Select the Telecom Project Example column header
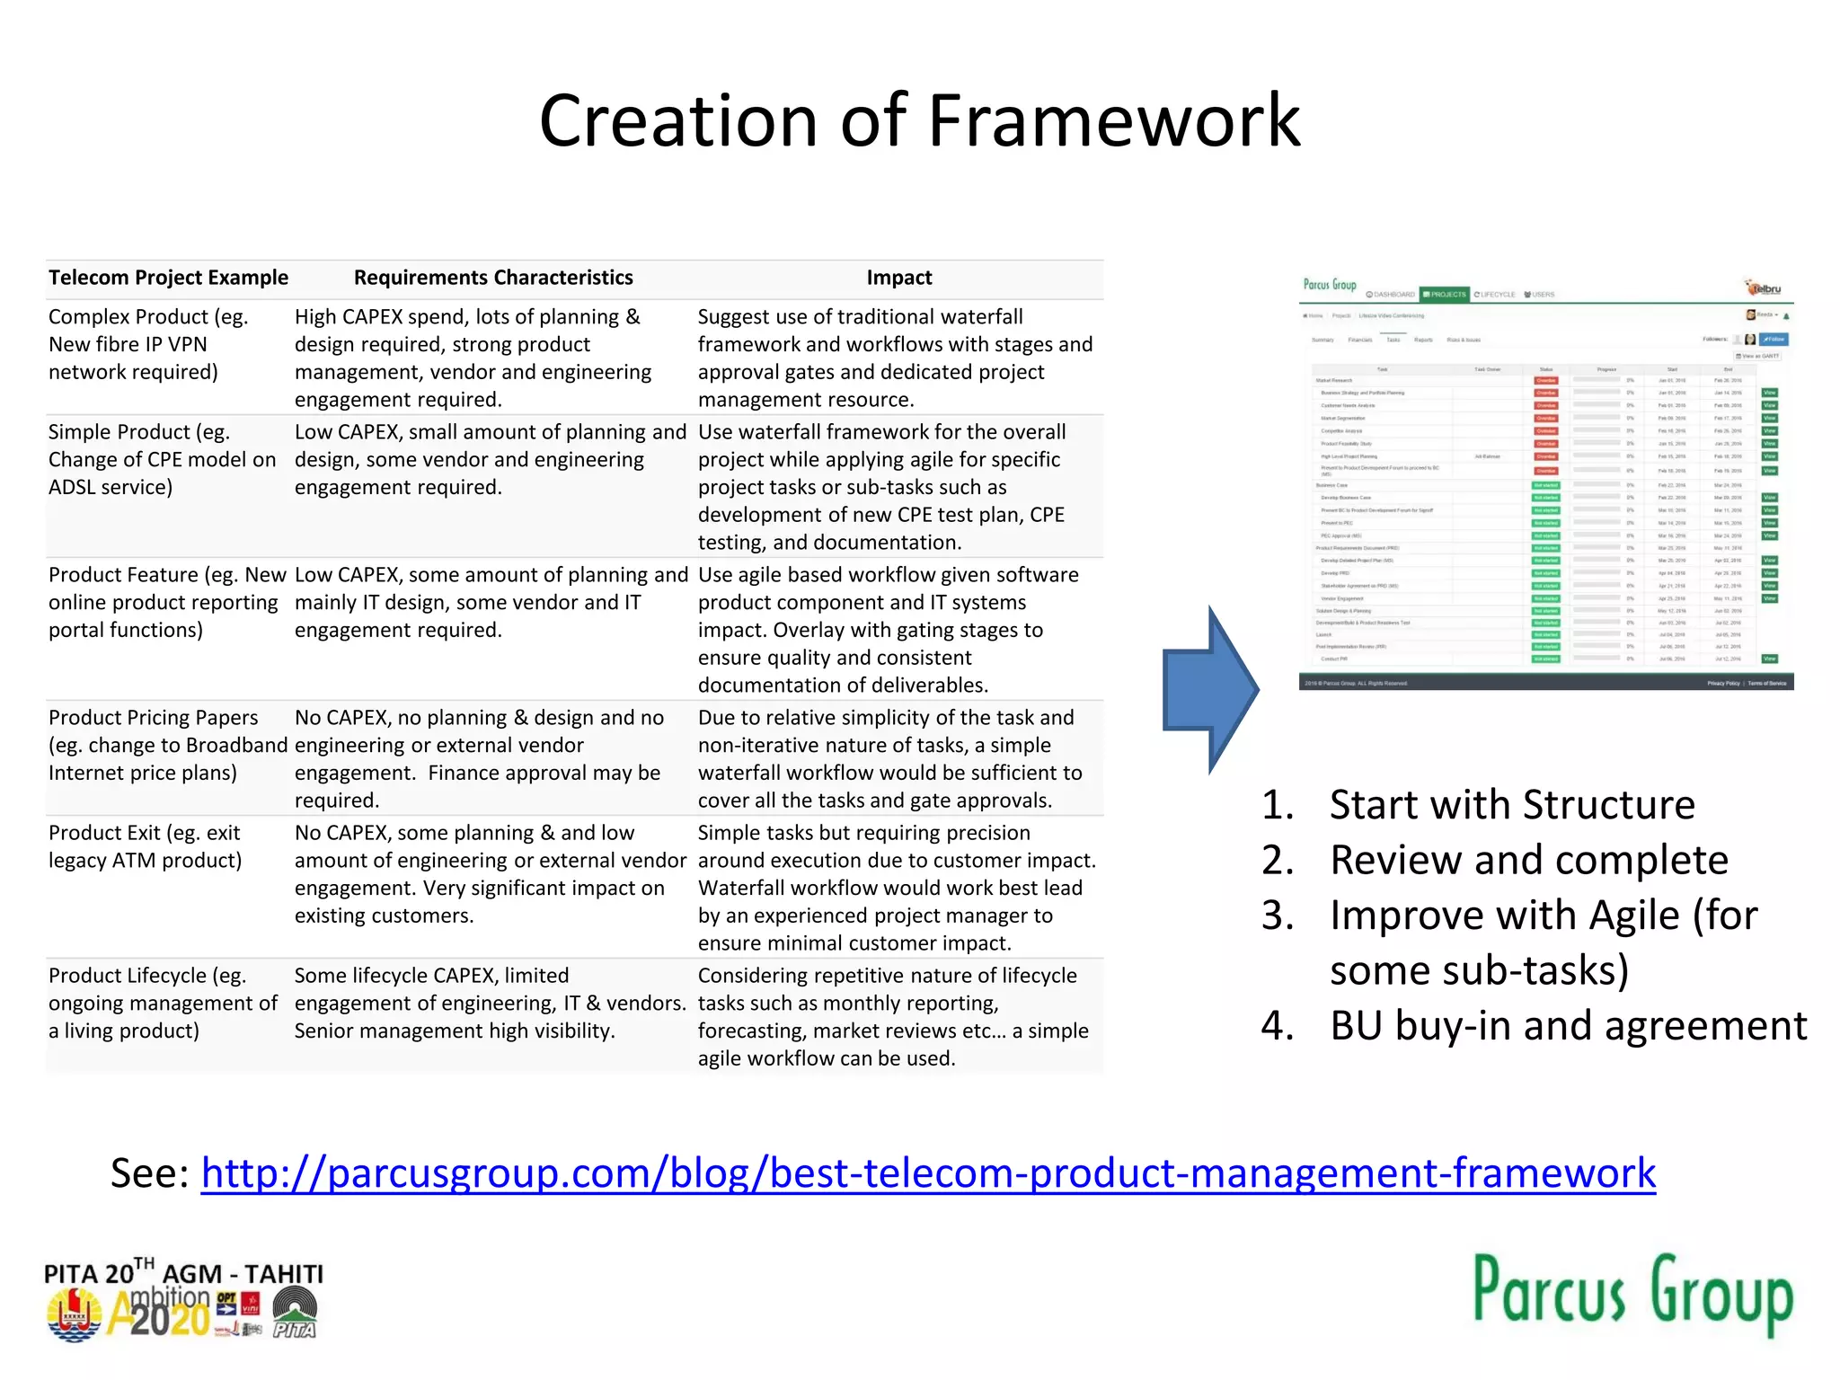coord(168,278)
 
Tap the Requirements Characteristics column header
coord(493,278)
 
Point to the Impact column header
coord(898,278)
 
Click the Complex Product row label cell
coord(148,345)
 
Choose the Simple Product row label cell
coord(162,460)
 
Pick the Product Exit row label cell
coord(146,846)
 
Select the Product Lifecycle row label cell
coord(163,1003)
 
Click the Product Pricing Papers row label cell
coord(167,745)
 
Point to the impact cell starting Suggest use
coord(895,358)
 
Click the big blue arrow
coord(1209,690)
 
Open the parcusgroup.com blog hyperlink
coord(928,1172)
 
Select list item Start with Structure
coord(1512,804)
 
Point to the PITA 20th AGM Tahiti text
coord(183,1273)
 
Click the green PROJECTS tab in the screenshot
coord(1445,295)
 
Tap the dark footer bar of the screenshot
coord(1545,684)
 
